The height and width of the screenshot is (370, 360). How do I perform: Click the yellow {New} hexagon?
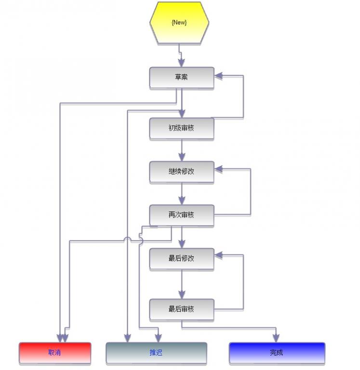pyautogui.click(x=179, y=22)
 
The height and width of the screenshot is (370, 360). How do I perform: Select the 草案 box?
pyautogui.click(x=181, y=77)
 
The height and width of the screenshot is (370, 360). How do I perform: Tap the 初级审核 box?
pyautogui.click(x=181, y=128)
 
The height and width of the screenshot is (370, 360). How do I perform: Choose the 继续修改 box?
pyautogui.click(x=181, y=172)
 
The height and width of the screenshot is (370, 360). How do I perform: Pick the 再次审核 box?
pyautogui.click(x=181, y=215)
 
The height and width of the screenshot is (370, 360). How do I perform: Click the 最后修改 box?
pyautogui.click(x=181, y=258)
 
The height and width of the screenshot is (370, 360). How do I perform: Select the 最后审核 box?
pyautogui.click(x=181, y=309)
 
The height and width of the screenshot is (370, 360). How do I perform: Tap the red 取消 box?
pyautogui.click(x=54, y=353)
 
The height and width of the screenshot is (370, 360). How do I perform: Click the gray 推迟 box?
pyautogui.click(x=156, y=353)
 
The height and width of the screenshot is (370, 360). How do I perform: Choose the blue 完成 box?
pyautogui.click(x=277, y=353)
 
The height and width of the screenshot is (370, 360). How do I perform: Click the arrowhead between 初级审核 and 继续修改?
pyautogui.click(x=181, y=157)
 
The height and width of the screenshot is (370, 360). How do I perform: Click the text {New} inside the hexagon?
pyautogui.click(x=179, y=22)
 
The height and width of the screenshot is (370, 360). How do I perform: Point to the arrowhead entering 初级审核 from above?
pyautogui.click(x=181, y=113)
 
